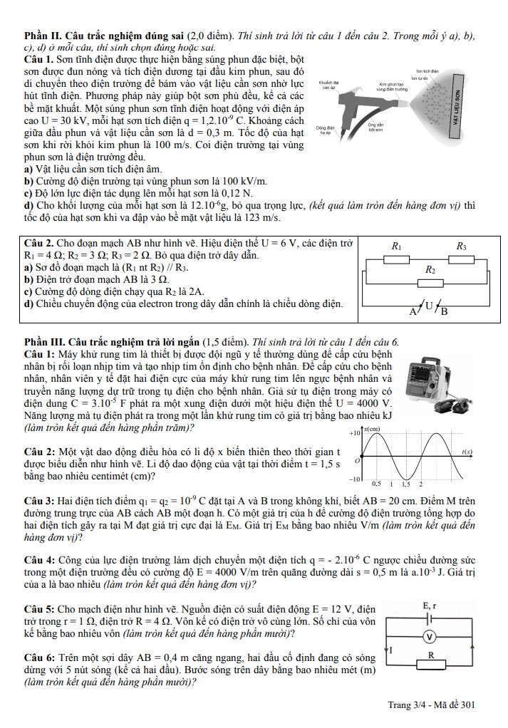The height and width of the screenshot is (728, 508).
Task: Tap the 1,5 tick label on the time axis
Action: pos(405,484)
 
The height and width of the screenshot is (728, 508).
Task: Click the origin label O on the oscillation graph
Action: pos(358,461)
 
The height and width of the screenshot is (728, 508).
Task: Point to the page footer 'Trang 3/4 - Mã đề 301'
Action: pos(431,705)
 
